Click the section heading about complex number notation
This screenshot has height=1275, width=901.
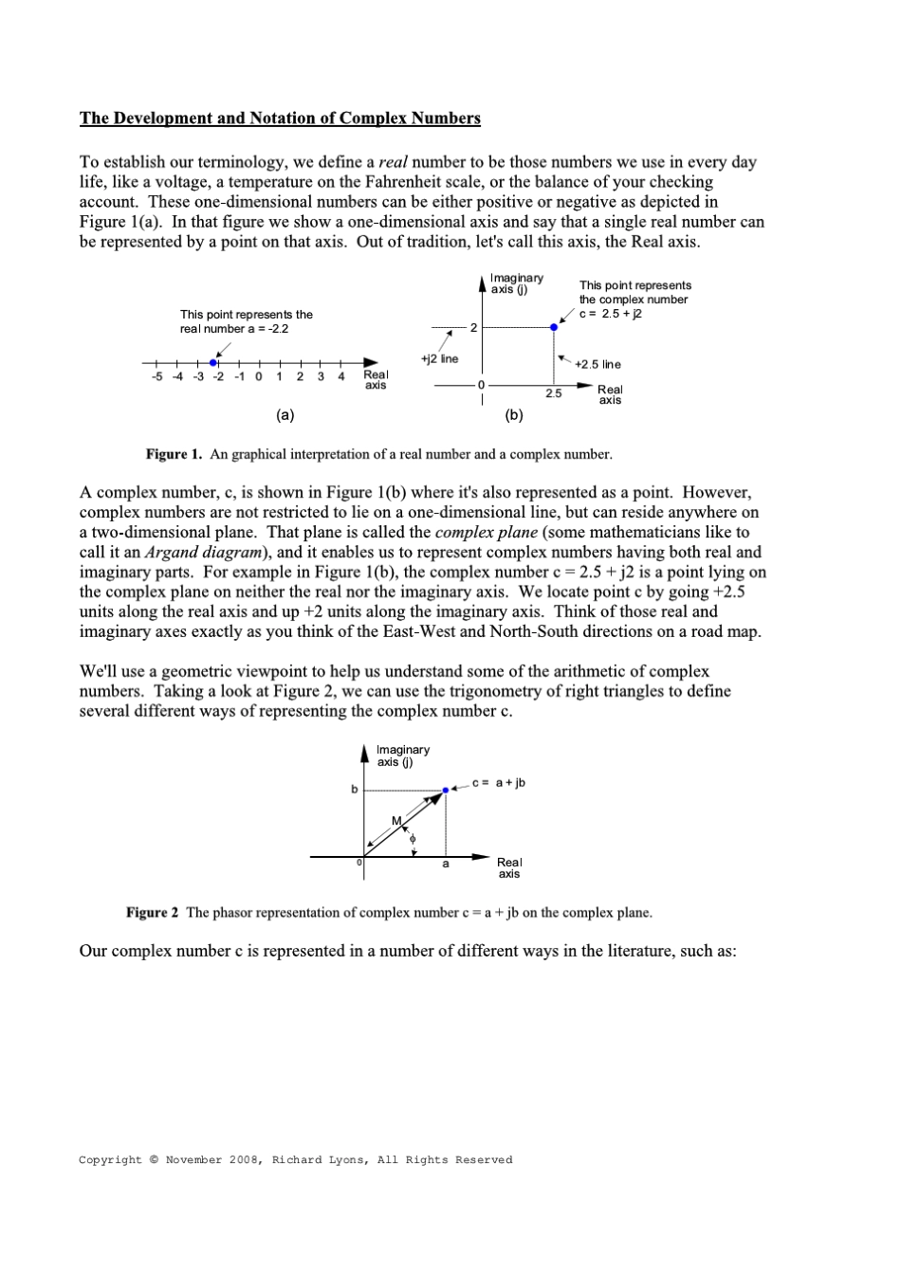click(x=280, y=118)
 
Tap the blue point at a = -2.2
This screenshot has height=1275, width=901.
click(x=214, y=362)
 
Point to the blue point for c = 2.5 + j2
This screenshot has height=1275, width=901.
click(x=554, y=327)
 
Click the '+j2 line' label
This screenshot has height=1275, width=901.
click(x=438, y=358)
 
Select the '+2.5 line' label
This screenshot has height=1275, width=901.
click(x=598, y=364)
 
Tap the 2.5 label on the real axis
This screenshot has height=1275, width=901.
click(x=553, y=392)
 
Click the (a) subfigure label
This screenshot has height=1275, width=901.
click(x=285, y=414)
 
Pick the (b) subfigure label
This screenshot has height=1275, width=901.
click(x=514, y=414)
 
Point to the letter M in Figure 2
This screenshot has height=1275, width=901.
click(x=397, y=819)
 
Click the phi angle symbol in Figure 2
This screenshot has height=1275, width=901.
click(x=412, y=838)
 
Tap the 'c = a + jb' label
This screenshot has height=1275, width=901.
click(x=501, y=782)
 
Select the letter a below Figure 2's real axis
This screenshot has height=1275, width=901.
click(x=445, y=864)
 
